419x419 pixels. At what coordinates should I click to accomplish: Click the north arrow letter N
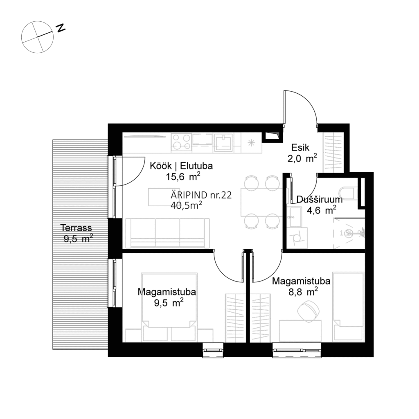[x=61, y=28]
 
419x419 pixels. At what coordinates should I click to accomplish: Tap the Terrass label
[x=77, y=228]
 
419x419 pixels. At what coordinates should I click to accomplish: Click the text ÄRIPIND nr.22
[x=201, y=195]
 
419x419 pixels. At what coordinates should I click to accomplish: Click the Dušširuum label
[x=319, y=200]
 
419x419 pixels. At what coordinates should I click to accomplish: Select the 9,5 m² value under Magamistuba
[x=166, y=303]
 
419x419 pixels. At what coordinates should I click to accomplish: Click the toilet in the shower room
[x=348, y=193]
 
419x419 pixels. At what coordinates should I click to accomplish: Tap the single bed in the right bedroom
[x=348, y=305]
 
